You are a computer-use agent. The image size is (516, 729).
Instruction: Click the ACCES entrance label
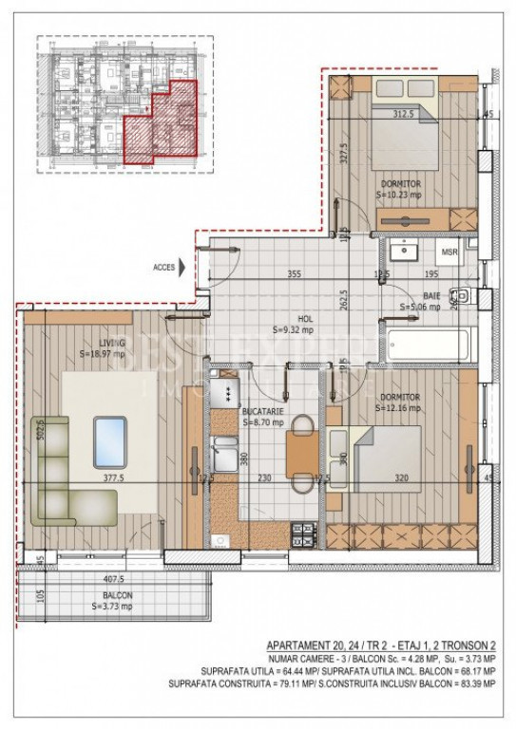click(163, 268)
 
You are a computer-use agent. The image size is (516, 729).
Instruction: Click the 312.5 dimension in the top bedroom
click(406, 114)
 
